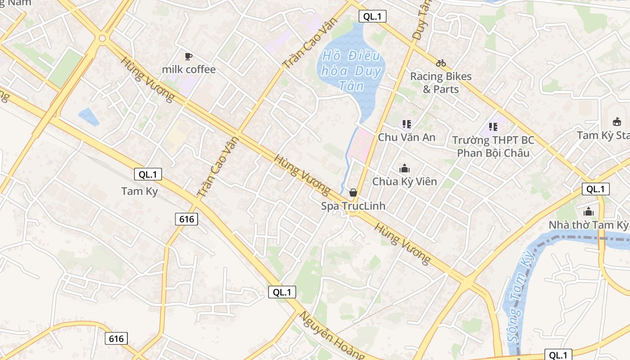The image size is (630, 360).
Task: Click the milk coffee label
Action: [189, 69]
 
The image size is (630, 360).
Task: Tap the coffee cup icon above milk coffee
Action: [189, 56]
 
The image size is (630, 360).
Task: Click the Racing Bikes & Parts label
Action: [441, 82]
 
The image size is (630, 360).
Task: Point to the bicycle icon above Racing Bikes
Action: [441, 63]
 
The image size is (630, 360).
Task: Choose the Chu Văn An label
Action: [407, 137]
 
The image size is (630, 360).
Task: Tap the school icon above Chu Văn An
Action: [407, 124]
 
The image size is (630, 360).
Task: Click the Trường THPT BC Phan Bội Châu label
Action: [493, 147]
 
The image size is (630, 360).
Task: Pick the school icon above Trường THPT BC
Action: [493, 127]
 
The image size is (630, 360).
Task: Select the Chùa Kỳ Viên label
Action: [405, 182]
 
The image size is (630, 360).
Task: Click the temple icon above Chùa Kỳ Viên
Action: [405, 169]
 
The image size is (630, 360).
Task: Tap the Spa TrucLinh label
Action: [353, 206]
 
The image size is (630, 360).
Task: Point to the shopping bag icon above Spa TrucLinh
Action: [353, 193]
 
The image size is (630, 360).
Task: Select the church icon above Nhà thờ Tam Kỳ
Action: [589, 211]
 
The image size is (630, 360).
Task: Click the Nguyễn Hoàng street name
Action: [332, 335]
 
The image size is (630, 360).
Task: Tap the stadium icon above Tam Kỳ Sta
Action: [617, 121]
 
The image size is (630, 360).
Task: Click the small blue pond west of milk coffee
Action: [89, 117]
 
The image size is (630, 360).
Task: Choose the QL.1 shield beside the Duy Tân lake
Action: [372, 17]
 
